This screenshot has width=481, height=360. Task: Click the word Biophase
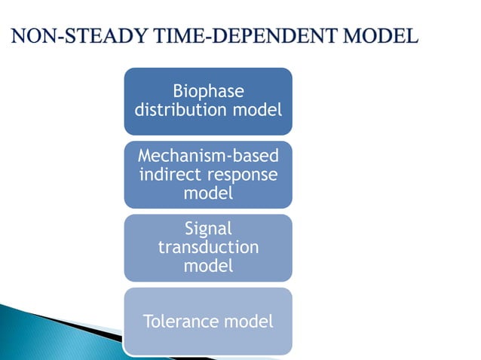[208, 92]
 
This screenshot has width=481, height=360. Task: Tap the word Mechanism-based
[208, 157]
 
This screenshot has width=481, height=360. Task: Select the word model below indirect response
[208, 193]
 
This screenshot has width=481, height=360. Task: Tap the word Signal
[208, 229]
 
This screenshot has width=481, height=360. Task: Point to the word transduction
[208, 247]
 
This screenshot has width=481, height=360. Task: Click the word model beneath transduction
[208, 265]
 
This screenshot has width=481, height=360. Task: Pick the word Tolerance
[179, 322]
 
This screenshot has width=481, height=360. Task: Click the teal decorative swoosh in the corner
[45, 331]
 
